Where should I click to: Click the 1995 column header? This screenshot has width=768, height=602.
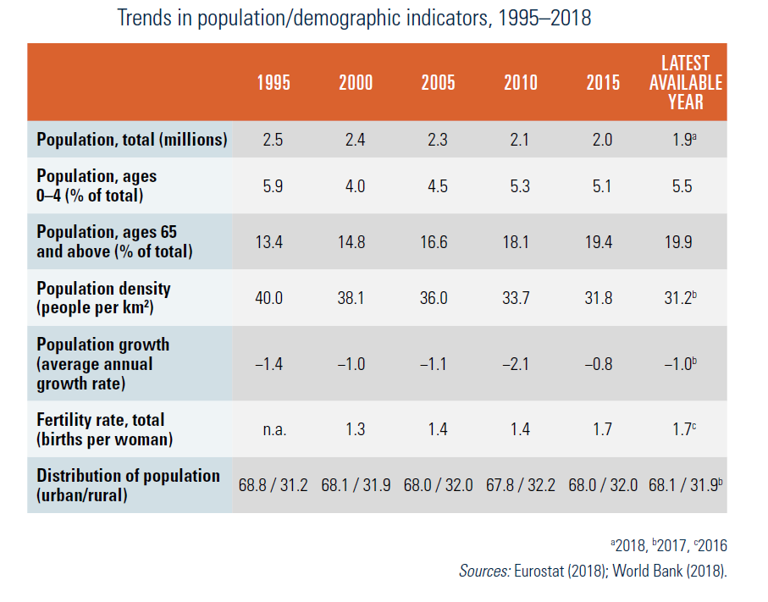click(273, 83)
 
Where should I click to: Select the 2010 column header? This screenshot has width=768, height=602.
click(520, 83)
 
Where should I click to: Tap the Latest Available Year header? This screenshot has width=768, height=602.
click(686, 82)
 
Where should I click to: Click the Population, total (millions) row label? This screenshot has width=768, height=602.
click(132, 140)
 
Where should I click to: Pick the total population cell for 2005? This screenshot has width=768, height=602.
click(438, 140)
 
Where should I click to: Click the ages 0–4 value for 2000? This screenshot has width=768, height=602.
click(356, 186)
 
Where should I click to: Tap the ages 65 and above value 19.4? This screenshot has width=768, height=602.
click(602, 242)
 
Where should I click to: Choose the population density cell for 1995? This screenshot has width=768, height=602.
click(273, 298)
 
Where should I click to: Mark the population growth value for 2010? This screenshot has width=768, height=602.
click(520, 364)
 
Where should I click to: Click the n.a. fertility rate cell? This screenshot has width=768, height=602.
click(273, 430)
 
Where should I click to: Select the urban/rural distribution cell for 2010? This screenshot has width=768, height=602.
click(520, 486)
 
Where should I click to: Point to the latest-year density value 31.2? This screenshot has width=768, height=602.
click(682, 298)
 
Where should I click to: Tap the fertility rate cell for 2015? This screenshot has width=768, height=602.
click(602, 430)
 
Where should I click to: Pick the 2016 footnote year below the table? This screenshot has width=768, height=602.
click(709, 546)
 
